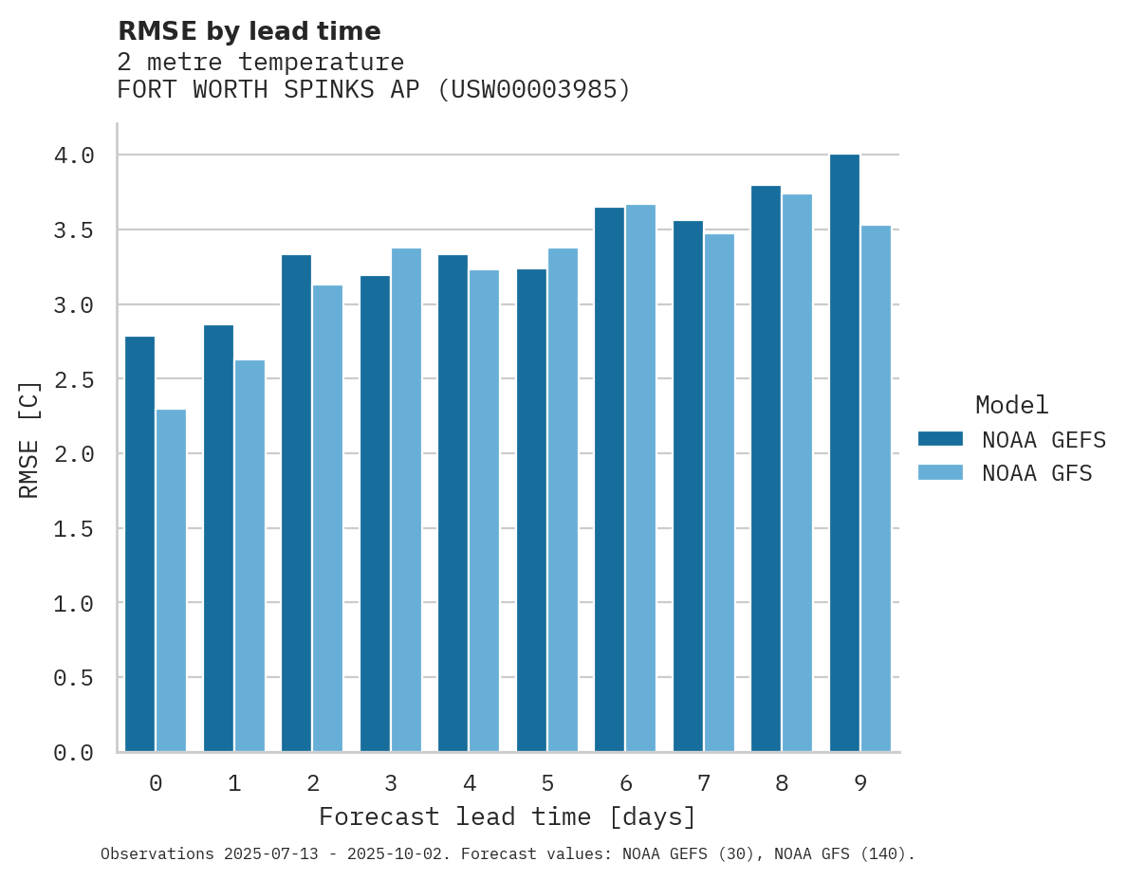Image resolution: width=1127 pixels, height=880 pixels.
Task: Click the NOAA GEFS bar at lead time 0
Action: tap(139, 544)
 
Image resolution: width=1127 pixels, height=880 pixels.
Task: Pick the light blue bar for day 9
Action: tap(876, 488)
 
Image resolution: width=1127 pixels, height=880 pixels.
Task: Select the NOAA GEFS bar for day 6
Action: tap(609, 479)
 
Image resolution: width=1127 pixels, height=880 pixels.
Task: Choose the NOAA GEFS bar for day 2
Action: tap(296, 503)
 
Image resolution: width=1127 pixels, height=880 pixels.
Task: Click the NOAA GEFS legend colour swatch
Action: tap(940, 439)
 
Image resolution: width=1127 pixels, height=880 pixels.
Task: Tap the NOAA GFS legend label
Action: tap(1037, 473)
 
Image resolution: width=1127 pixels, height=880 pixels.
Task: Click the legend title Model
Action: tap(1011, 405)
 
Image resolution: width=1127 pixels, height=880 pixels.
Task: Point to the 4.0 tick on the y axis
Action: tap(74, 155)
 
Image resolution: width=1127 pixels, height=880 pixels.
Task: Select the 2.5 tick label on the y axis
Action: tap(74, 379)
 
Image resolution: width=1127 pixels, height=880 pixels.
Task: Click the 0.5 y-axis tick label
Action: tap(74, 677)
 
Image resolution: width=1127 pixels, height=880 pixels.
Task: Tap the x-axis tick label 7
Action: tap(703, 783)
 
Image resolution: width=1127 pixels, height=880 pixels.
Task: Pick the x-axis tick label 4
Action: tap(469, 783)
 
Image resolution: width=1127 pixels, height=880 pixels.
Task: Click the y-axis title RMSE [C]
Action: tap(29, 439)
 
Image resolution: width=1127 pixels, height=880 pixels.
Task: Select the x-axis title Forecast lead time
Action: tap(508, 816)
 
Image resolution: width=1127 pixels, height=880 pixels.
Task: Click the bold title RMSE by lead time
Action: tap(249, 31)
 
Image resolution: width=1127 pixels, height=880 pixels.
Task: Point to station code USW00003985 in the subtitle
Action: tap(535, 90)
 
